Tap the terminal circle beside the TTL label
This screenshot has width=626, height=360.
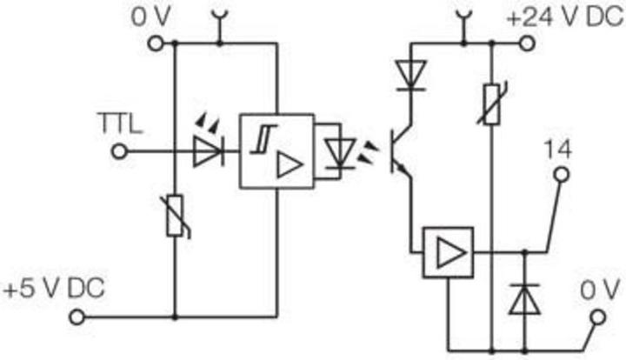coord(120,151)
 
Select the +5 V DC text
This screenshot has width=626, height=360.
coord(53,289)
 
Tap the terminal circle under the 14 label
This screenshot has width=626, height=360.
coord(561,177)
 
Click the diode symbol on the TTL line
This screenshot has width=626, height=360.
coord(208,151)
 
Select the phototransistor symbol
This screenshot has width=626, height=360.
coord(400,150)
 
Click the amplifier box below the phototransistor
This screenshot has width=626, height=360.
coord(448,253)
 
